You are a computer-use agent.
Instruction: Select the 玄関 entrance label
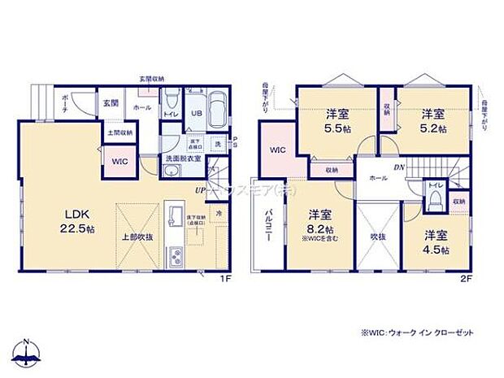tap(111, 104)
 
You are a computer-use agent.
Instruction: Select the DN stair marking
tap(399, 167)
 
